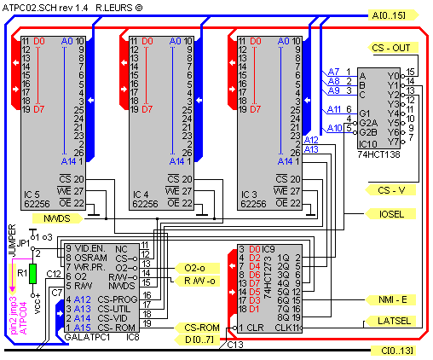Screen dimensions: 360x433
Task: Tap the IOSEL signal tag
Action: click(391, 214)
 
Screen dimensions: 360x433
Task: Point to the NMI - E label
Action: click(391, 299)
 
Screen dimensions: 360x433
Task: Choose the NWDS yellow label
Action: click(38, 219)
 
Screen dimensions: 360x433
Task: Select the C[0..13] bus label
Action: click(396, 351)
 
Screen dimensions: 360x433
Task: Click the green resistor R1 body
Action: click(32, 273)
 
